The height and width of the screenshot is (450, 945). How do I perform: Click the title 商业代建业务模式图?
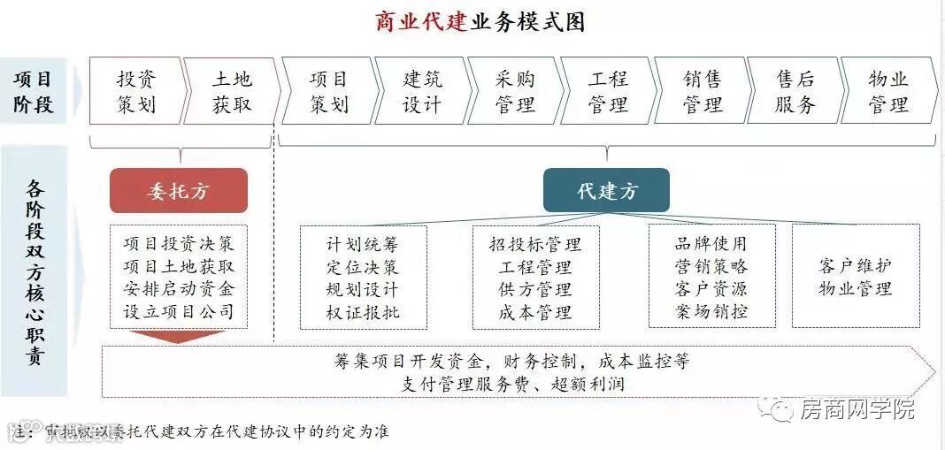click(x=480, y=21)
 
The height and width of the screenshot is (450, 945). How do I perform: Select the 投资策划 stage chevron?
click(x=136, y=92)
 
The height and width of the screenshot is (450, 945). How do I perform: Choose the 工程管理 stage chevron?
click(x=608, y=92)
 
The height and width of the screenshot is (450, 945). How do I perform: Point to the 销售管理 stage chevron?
click(x=702, y=92)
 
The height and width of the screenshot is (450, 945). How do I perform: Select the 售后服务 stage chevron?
click(x=795, y=92)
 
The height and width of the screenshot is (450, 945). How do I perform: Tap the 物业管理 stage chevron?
click(x=887, y=92)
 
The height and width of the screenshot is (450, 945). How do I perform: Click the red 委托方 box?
click(x=178, y=191)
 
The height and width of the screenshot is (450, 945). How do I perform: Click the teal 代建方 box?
click(x=607, y=191)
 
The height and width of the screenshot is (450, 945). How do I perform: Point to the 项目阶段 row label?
click(x=34, y=92)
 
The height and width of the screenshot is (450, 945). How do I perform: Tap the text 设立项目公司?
click(x=179, y=311)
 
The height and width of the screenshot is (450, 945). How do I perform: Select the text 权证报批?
click(x=362, y=312)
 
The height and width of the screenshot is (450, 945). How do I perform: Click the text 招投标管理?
click(x=535, y=244)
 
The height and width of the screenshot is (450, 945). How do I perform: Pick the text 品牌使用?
click(x=711, y=244)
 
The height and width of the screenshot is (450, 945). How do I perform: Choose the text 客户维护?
click(x=855, y=266)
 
